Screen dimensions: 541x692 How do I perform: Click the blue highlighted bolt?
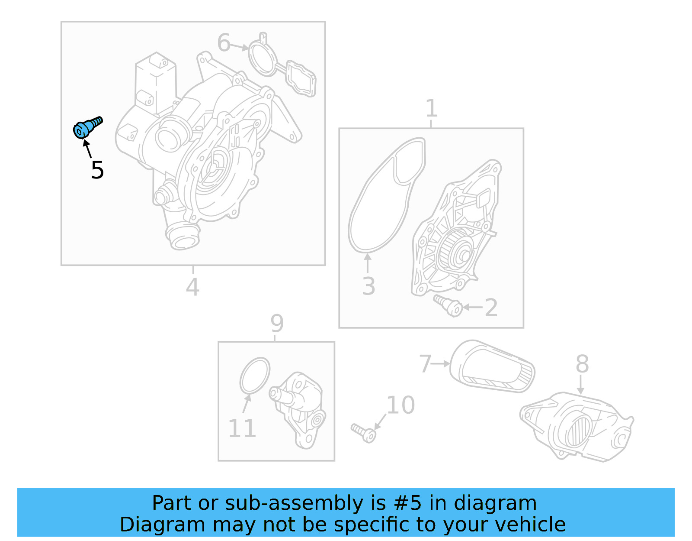86,127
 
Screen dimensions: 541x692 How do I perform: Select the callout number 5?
97,170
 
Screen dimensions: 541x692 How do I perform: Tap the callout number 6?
224,43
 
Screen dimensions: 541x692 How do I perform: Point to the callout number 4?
192,287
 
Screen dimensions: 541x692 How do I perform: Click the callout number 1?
431,108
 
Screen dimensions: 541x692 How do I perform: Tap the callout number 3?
368,286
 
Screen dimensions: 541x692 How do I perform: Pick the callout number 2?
491,308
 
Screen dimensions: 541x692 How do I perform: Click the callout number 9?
277,323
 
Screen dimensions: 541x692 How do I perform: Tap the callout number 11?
242,429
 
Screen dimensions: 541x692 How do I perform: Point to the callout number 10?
400,405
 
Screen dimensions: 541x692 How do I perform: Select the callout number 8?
582,364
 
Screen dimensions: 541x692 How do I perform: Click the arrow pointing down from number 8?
581,385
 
